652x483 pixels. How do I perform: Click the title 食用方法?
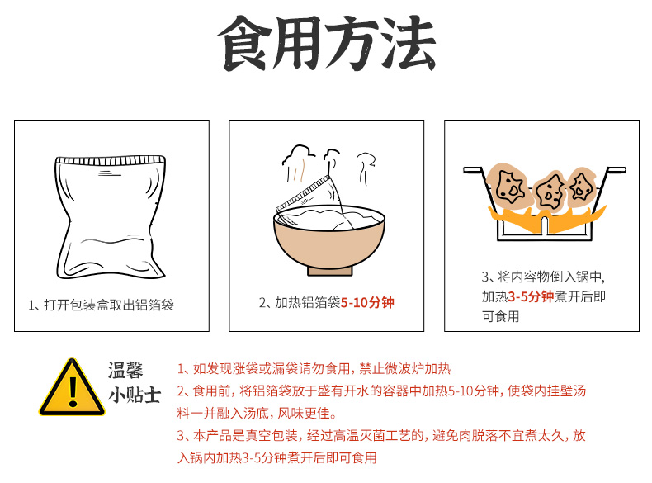(326, 43)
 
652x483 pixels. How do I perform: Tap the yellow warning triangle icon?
(72, 387)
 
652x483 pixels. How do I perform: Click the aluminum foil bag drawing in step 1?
(111, 217)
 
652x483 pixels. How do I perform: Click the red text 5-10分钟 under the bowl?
(367, 302)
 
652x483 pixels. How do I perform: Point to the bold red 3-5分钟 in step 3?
(531, 296)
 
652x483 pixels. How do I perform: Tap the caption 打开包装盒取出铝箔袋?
(109, 305)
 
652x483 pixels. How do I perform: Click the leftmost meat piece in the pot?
(510, 185)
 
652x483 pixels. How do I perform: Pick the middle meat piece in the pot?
(550, 192)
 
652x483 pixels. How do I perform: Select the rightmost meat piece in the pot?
(582, 187)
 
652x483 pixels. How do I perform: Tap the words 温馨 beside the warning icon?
(125, 370)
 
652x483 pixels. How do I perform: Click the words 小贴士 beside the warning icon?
(135, 395)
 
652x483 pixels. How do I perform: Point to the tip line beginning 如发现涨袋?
(314, 368)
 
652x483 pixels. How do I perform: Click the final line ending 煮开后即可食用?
(277, 457)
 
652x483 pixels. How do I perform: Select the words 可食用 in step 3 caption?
(501, 316)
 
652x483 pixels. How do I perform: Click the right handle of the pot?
(616, 170)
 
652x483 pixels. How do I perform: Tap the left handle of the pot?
(473, 170)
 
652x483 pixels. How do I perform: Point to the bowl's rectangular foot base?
(330, 272)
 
